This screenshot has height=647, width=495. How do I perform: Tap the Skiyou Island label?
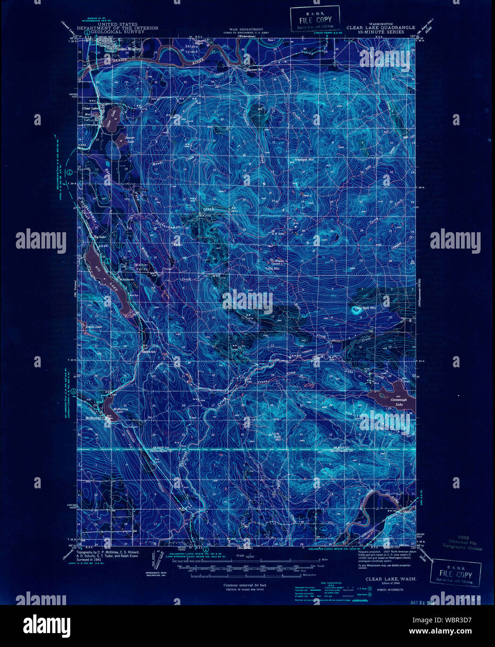(191, 49)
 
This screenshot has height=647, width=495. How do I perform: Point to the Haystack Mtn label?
(305, 159)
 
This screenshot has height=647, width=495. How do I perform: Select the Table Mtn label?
(273, 269)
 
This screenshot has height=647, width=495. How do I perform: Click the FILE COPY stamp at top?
(314, 20)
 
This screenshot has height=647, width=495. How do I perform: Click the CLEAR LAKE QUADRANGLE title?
(381, 27)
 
